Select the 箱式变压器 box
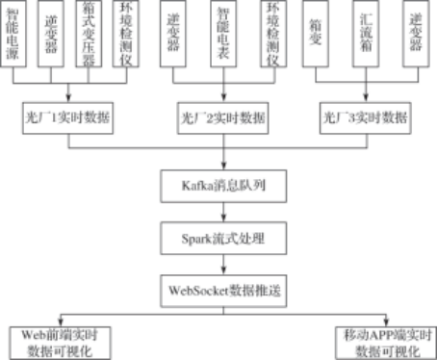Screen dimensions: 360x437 [88, 34]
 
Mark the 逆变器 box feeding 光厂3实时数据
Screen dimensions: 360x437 [416, 34]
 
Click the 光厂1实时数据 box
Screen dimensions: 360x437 [67, 120]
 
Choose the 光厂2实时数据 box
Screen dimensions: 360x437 [224, 120]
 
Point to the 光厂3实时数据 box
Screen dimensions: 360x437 [366, 120]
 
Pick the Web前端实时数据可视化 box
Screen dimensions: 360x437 [61, 340]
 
